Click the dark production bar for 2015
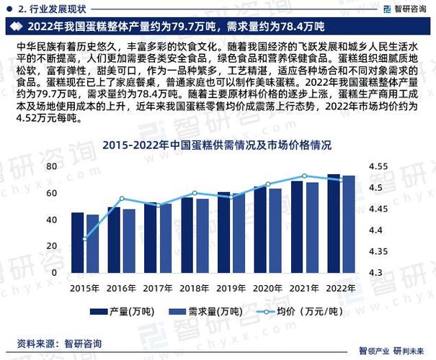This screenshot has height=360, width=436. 77,243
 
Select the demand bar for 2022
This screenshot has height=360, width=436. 348,224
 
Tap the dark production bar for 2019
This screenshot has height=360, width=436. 223,233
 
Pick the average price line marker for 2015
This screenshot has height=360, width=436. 85,238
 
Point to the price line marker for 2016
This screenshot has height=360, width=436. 122,199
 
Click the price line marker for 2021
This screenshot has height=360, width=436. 304,176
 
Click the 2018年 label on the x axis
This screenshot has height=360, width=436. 195,288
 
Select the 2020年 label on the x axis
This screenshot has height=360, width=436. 268,288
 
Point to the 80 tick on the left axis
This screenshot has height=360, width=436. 52,166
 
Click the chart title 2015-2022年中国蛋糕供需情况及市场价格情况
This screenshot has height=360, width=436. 217,145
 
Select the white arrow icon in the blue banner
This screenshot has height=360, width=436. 16,27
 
